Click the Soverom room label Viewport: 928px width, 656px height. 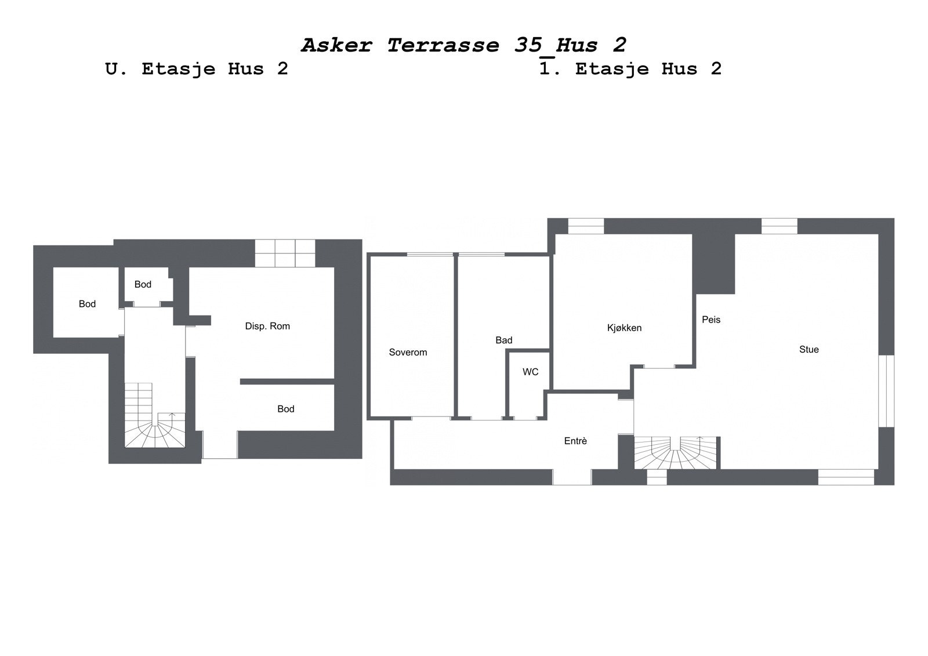pos(408,352)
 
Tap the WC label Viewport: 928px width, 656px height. pos(530,372)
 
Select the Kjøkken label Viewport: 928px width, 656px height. pos(624,328)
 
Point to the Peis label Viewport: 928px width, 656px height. pos(711,320)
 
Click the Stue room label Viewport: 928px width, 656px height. pos(809,349)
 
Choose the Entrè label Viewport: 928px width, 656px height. pos(575,441)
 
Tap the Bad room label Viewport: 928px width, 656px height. pos(503,340)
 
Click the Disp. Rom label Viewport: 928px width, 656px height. pos(267,326)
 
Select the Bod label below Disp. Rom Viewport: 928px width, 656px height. pos(286,409)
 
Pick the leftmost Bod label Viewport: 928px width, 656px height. pos(87,304)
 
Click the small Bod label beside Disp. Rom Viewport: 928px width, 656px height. pos(143,284)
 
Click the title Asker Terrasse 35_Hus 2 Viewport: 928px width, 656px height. pos(463,45)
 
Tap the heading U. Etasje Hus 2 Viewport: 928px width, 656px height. pos(197,69)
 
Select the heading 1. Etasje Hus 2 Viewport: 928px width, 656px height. pos(630,69)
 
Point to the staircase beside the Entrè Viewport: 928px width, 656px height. pos(676,452)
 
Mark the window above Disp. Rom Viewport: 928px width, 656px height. pos(285,253)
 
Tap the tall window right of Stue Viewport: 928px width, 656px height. pos(886,390)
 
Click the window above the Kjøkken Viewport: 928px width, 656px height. pos(586,226)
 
